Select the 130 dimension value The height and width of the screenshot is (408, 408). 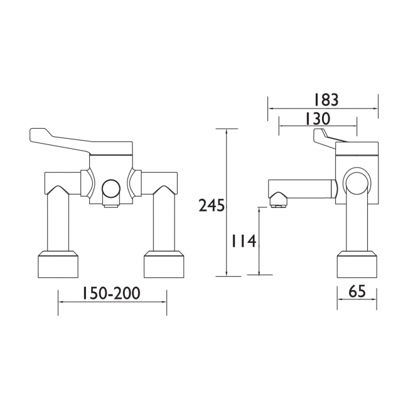[x=318, y=119]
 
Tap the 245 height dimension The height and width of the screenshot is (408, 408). [x=212, y=205]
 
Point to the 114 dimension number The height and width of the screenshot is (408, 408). [x=244, y=241]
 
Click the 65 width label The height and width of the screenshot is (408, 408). [x=357, y=293]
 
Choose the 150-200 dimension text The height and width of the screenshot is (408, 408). [x=110, y=293]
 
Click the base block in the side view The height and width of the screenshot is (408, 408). [x=357, y=264]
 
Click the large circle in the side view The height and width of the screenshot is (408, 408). [x=357, y=183]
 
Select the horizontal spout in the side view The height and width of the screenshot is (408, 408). [x=301, y=188]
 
